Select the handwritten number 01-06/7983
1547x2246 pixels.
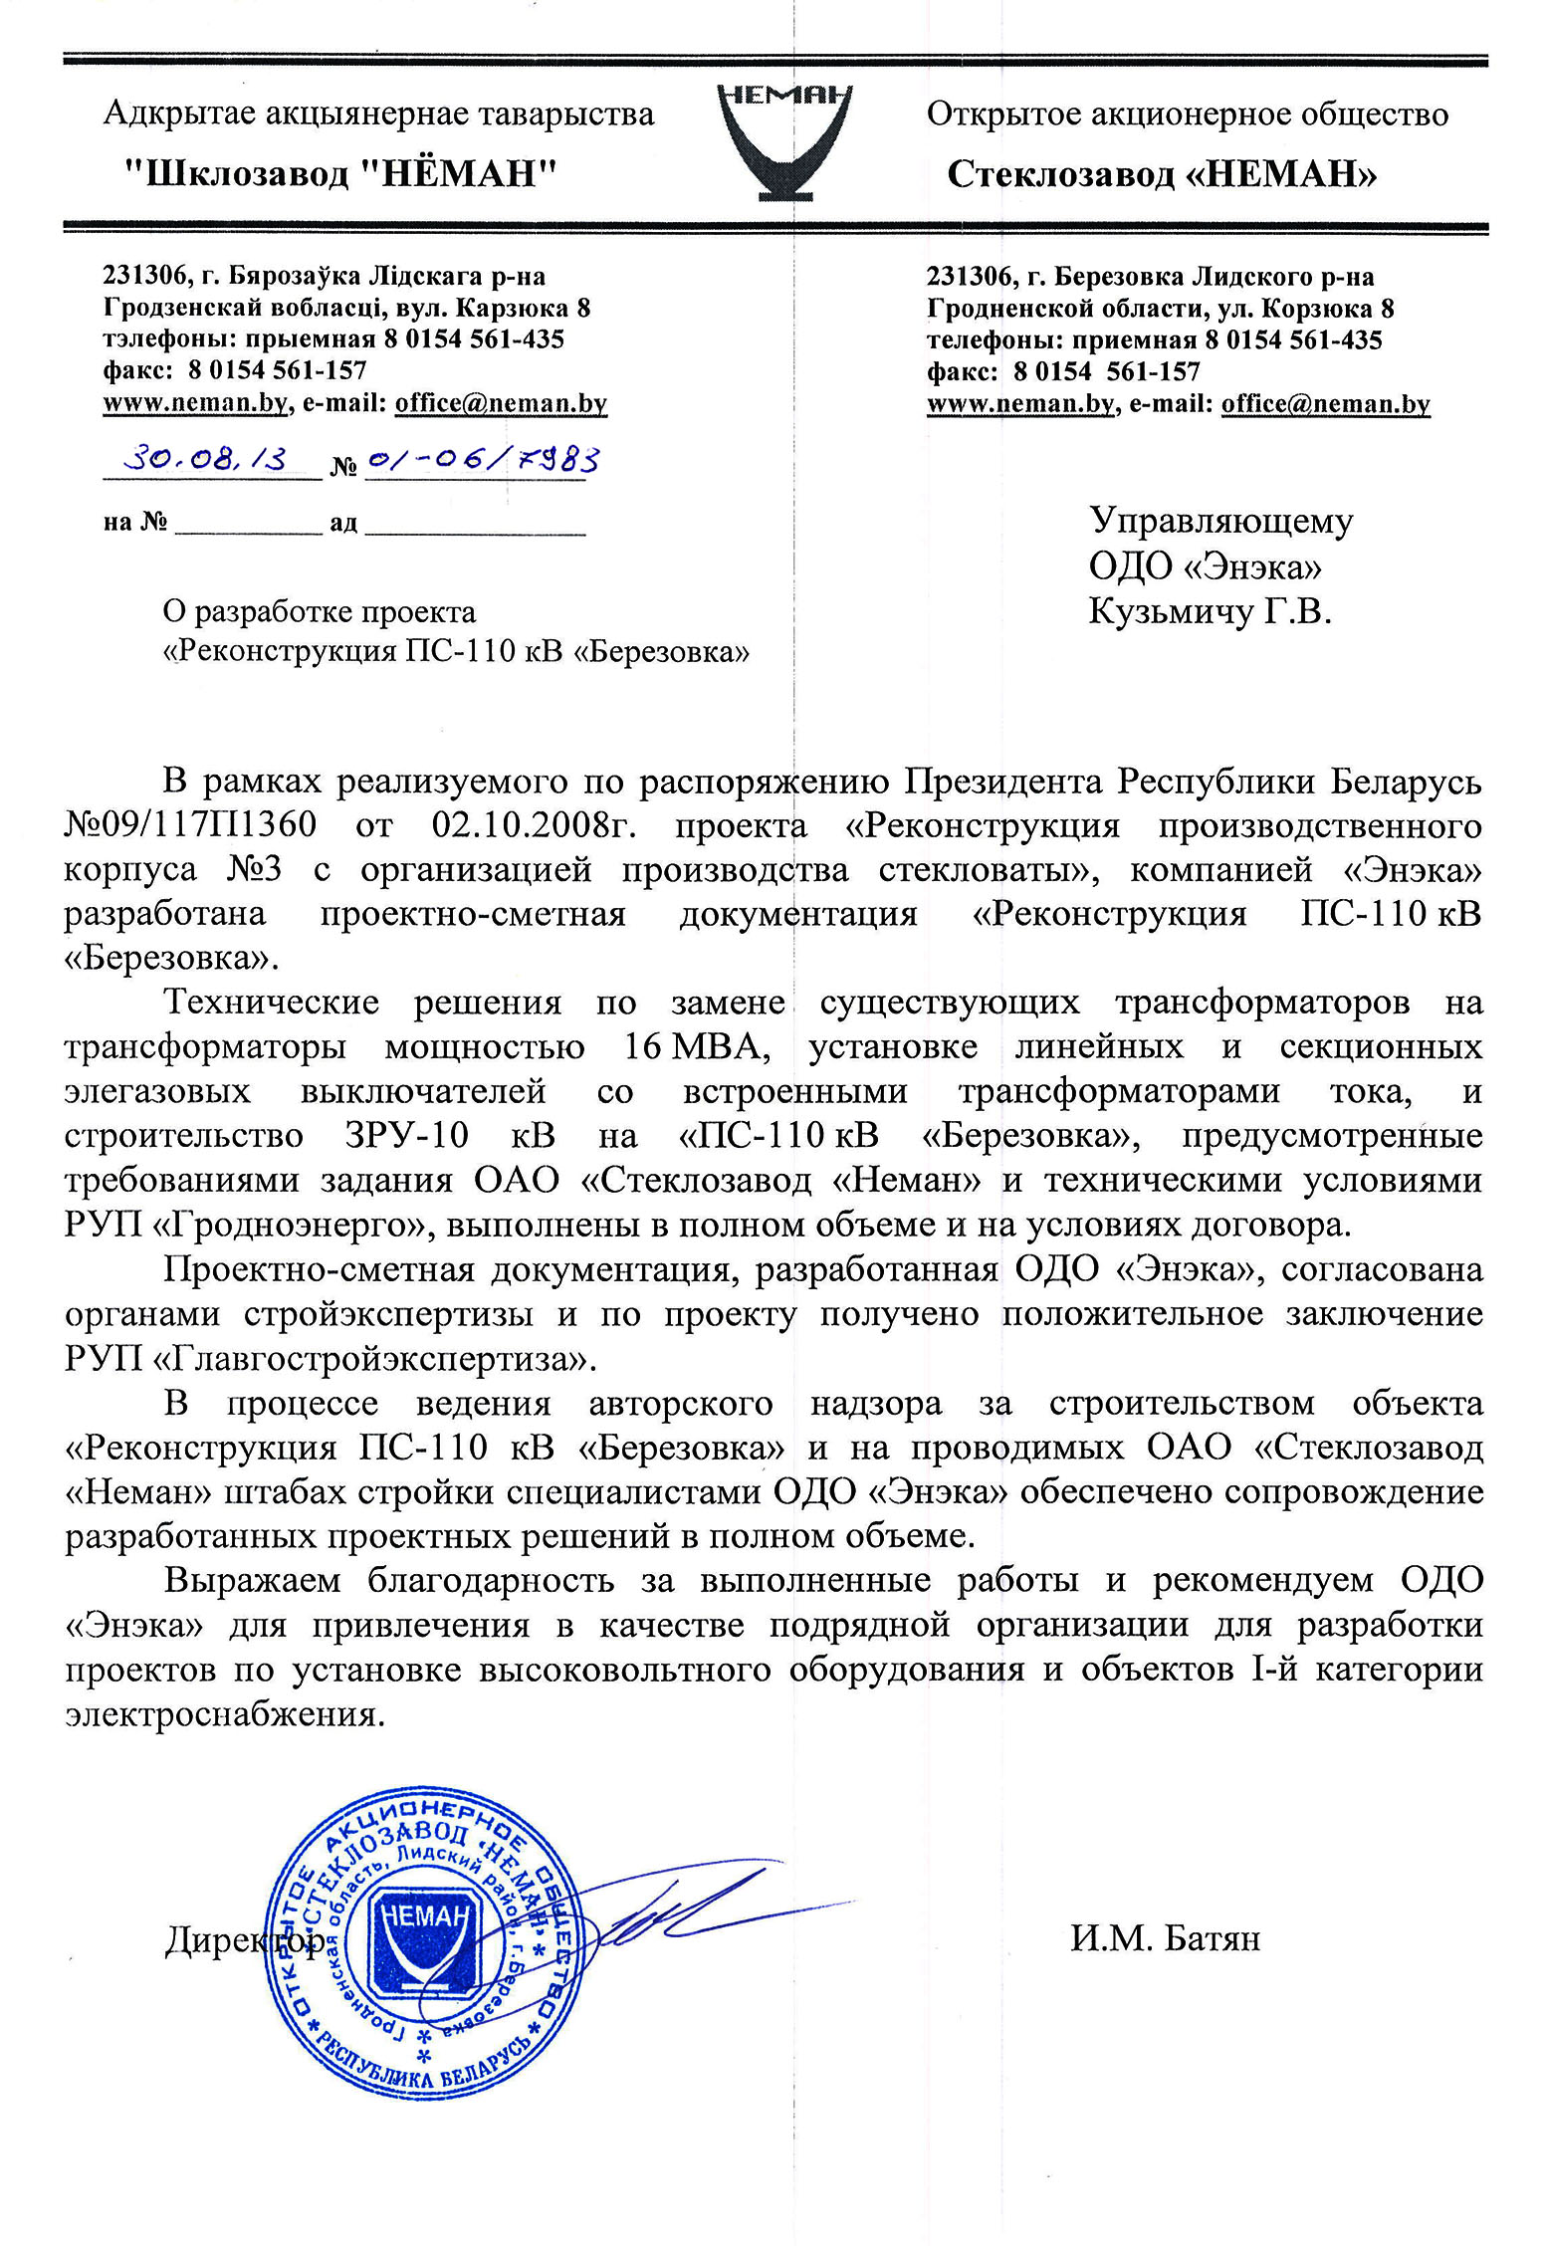tap(484, 460)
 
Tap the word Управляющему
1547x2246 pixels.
tap(1220, 522)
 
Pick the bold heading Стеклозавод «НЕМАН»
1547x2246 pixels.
tap(1162, 175)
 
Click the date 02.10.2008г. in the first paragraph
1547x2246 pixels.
tap(542, 826)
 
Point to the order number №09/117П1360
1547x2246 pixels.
tap(190, 826)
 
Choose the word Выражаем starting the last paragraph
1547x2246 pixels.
tap(253, 1580)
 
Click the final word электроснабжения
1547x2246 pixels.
tap(224, 1714)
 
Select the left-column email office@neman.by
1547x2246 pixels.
tap(501, 403)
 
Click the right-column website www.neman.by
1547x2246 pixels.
tap(1019, 403)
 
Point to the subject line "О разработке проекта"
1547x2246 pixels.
tap(319, 611)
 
